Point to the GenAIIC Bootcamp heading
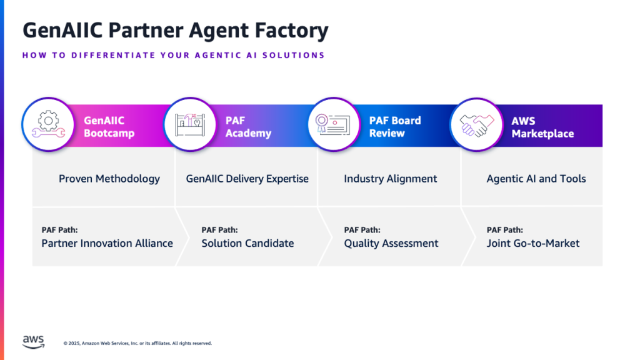click(x=109, y=127)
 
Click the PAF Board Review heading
click(x=395, y=127)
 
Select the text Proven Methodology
click(x=109, y=179)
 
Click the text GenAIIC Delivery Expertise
click(x=247, y=179)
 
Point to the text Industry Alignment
click(x=391, y=179)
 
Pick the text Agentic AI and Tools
click(x=536, y=179)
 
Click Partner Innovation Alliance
click(x=107, y=243)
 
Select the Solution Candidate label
click(x=247, y=243)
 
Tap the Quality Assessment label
click(x=391, y=243)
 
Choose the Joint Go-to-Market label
click(x=533, y=243)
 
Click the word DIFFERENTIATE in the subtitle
click(x=112, y=55)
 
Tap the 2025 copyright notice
click(x=137, y=343)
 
